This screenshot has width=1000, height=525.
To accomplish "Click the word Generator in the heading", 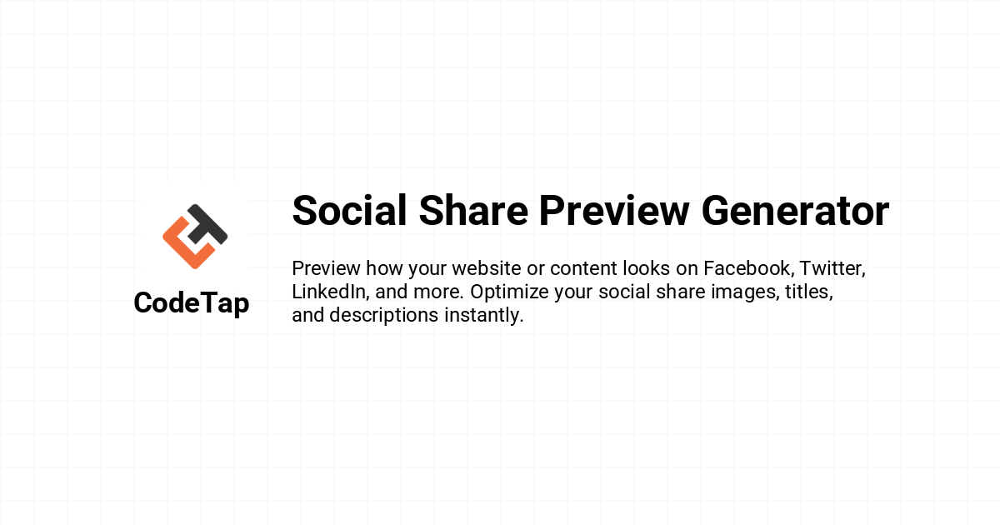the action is (795, 211).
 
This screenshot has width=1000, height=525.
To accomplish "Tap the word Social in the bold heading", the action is (349, 211).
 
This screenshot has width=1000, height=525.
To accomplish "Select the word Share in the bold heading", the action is (473, 211).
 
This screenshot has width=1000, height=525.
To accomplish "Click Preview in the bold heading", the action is (614, 211).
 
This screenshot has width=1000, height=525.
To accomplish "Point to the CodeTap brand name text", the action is (192, 303).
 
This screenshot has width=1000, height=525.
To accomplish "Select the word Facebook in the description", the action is (748, 268).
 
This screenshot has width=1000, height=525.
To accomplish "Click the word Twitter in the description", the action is (832, 268).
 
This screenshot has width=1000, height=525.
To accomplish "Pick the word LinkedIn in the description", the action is (330, 292).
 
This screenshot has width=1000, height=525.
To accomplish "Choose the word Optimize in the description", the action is (509, 292).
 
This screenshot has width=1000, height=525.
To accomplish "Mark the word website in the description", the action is (487, 268).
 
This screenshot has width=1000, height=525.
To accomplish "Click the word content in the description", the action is (583, 269).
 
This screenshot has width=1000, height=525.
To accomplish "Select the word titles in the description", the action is (809, 292).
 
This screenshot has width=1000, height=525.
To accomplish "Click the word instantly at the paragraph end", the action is (483, 316).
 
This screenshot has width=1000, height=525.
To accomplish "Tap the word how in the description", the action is (384, 268).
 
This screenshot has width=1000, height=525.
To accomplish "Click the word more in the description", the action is (439, 292).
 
